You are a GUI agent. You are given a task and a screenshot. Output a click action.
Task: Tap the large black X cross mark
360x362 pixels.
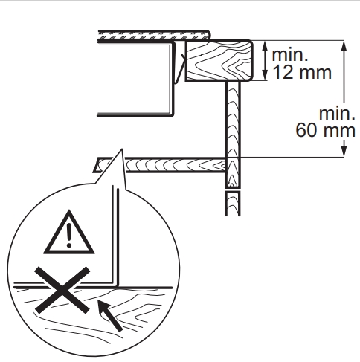(x=62, y=290)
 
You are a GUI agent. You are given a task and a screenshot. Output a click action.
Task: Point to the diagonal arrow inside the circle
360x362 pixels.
(x=109, y=314)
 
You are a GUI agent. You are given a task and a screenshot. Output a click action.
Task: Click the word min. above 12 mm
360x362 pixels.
(x=290, y=55)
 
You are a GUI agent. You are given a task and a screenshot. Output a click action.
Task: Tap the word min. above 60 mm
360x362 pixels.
(x=337, y=114)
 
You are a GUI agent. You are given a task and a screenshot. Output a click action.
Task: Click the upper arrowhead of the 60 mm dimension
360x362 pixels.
(x=344, y=46)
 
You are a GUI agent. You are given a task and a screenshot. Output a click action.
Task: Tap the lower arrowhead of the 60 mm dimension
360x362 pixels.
(x=344, y=151)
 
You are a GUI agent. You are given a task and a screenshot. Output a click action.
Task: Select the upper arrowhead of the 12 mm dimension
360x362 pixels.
(x=265, y=46)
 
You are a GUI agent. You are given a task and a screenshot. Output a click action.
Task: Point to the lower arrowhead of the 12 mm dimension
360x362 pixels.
(x=265, y=74)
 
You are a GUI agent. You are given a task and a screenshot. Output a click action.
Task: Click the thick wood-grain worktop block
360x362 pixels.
(x=219, y=60)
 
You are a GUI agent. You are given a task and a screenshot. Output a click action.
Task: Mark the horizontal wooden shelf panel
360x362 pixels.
(x=160, y=165)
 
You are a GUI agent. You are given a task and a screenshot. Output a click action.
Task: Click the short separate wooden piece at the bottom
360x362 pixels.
(x=233, y=204)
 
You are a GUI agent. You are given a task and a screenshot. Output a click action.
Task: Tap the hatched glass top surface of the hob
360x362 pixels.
(x=154, y=35)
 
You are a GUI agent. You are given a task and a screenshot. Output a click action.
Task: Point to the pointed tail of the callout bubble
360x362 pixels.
(x=122, y=149)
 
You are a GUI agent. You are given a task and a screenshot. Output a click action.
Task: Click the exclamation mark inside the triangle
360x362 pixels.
(x=69, y=235)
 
